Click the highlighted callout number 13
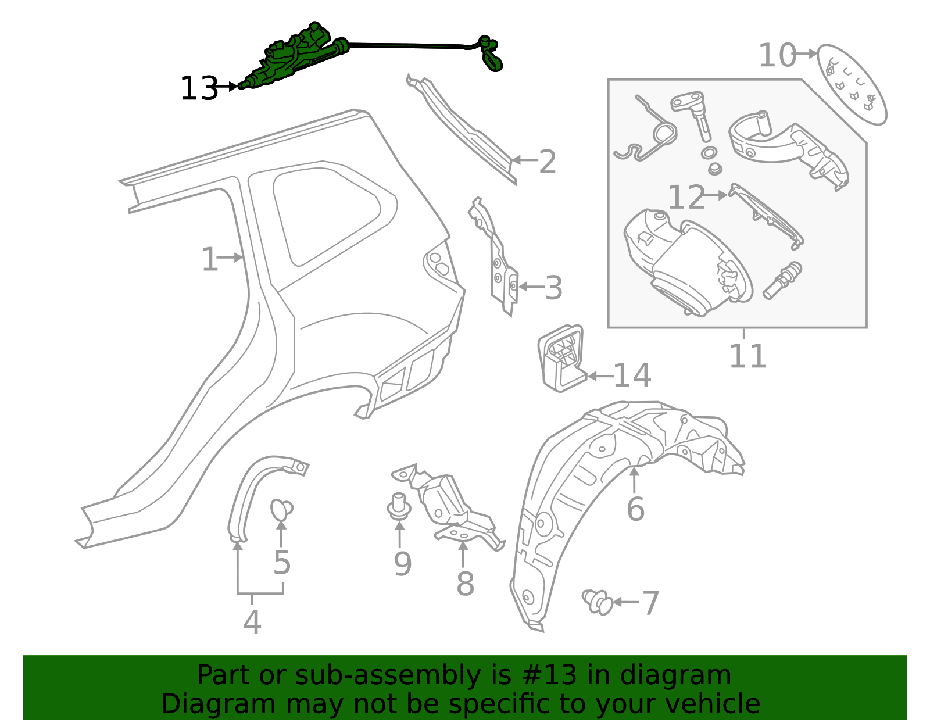pyautogui.click(x=199, y=89)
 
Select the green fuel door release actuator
pyautogui.click(x=296, y=58)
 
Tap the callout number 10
pyautogui.click(x=777, y=56)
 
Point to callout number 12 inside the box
pyautogui.click(x=686, y=198)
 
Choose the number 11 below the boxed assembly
pyautogui.click(x=747, y=356)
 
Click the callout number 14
pyautogui.click(x=632, y=376)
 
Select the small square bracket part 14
pyautogui.click(x=561, y=357)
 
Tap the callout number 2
pyautogui.click(x=547, y=162)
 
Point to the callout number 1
pyautogui.click(x=209, y=259)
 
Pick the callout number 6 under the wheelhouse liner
pyautogui.click(x=635, y=509)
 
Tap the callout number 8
pyautogui.click(x=465, y=584)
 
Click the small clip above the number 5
pyautogui.click(x=281, y=510)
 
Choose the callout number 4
pyautogui.click(x=252, y=623)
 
